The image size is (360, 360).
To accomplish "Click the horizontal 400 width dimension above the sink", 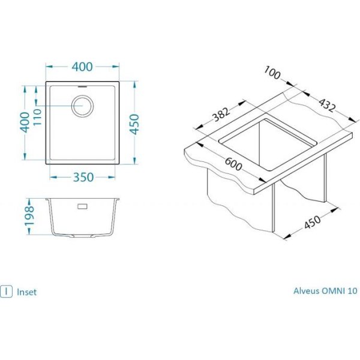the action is click(82, 67).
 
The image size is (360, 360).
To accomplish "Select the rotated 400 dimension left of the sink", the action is click(25, 122).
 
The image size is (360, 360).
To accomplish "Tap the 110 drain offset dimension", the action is click(38, 117).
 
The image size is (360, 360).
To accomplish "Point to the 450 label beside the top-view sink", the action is click(134, 124).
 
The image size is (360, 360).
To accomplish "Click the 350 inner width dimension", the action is click(83, 177).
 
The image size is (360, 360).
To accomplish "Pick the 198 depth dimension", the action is click(29, 217).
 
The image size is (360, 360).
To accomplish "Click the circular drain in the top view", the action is click(82, 106).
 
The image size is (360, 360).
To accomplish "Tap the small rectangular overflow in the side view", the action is click(82, 206).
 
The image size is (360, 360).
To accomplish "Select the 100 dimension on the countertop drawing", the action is click(272, 73).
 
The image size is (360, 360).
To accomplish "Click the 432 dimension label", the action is click(328, 104).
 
